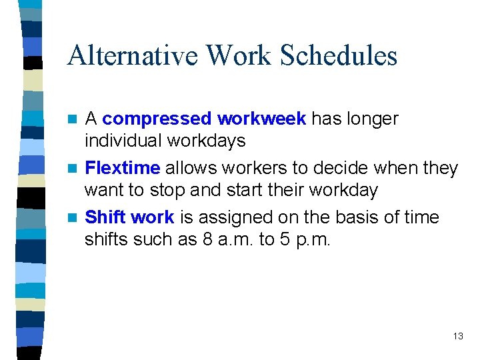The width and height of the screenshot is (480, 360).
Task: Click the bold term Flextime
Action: (123, 168)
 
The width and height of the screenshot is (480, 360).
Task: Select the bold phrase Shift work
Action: (130, 217)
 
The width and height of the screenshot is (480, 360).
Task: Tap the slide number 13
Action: (457, 336)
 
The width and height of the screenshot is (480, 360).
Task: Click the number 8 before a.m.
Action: (208, 240)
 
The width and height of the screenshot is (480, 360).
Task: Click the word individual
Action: (123, 141)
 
